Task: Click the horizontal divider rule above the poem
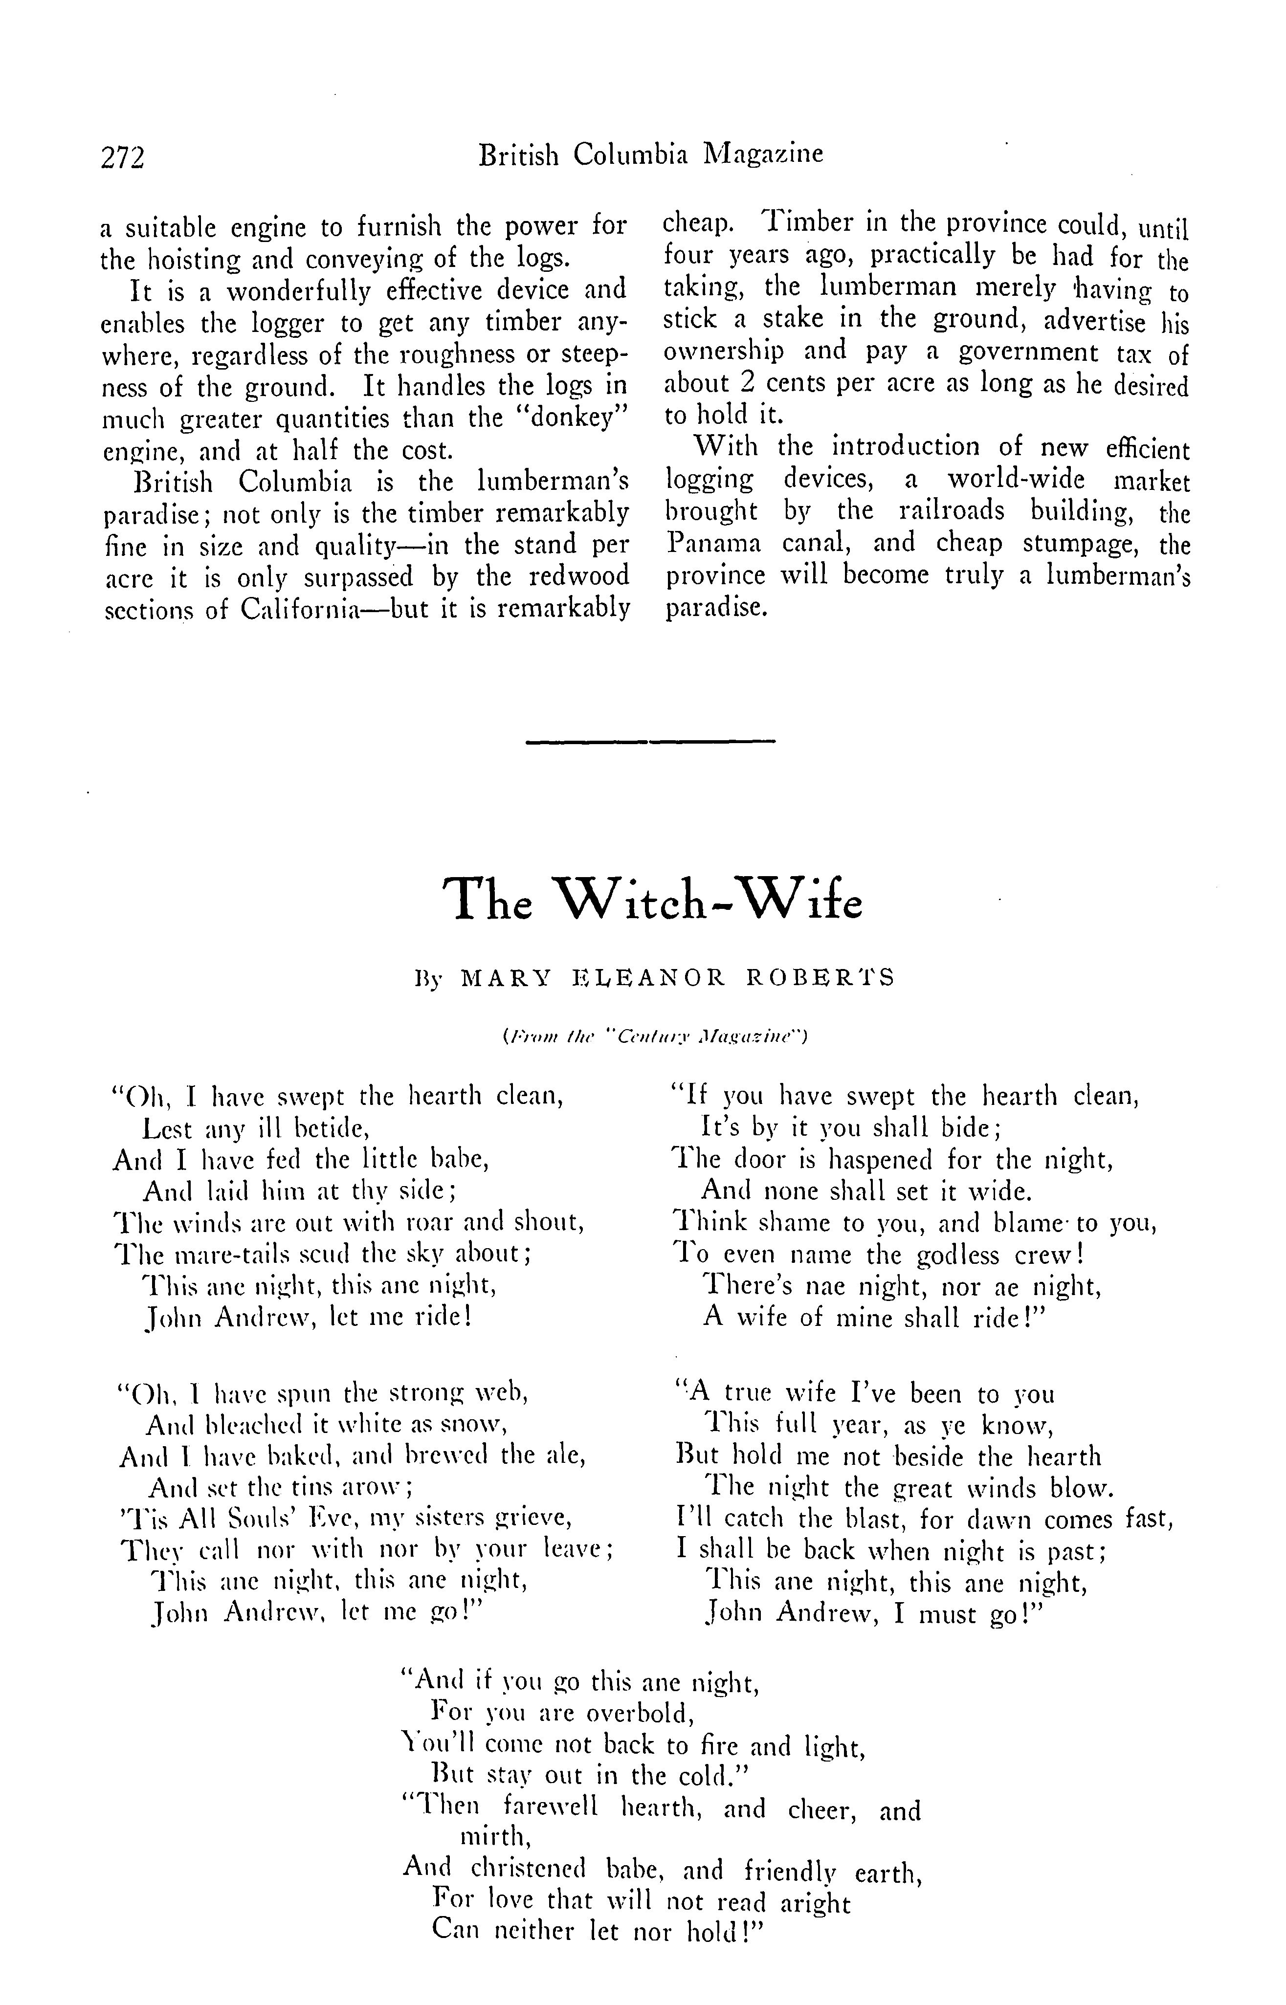651,740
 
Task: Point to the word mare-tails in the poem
219,1254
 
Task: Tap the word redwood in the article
582,577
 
